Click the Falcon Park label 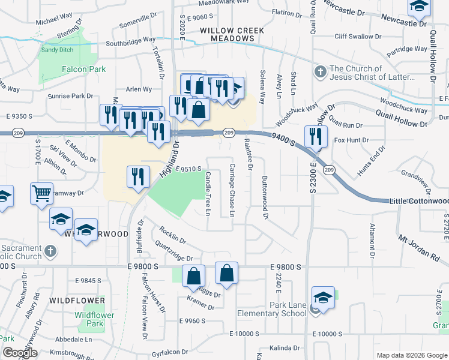pos(83,69)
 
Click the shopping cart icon pos(41,194)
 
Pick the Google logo pos(20,353)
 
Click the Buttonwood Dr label pos(265,197)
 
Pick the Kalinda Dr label pos(284,347)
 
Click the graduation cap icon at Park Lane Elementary pos(323,298)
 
